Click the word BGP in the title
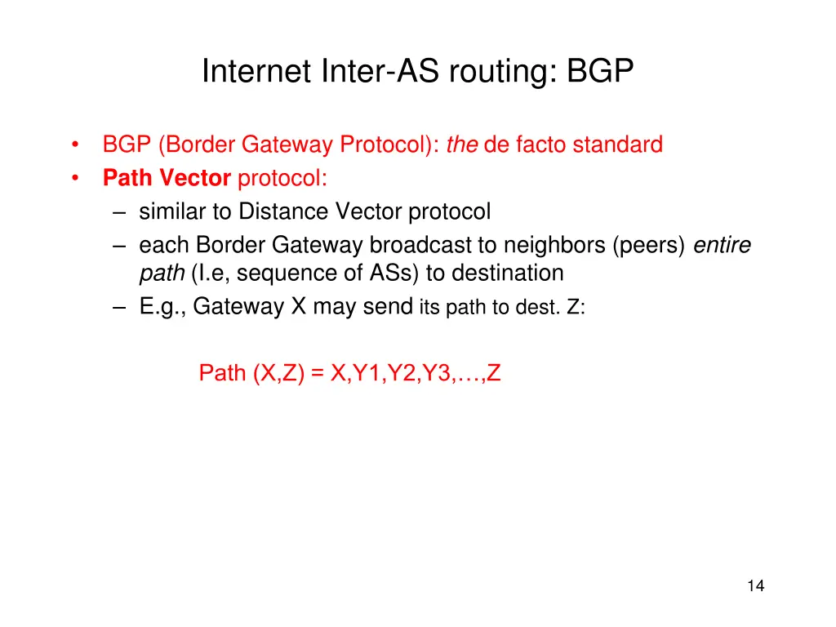coord(601,72)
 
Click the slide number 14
coord(755,585)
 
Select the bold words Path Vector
coord(167,178)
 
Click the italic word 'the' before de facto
coord(462,145)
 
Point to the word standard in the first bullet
coord(616,145)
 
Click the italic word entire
coord(722,245)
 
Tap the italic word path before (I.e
coord(161,273)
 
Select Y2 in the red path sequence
coord(402,373)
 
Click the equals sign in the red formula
coord(317,373)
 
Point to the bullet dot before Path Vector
coord(74,178)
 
